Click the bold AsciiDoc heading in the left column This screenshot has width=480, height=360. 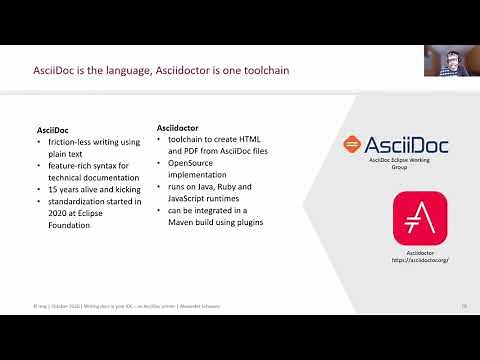point(53,131)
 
